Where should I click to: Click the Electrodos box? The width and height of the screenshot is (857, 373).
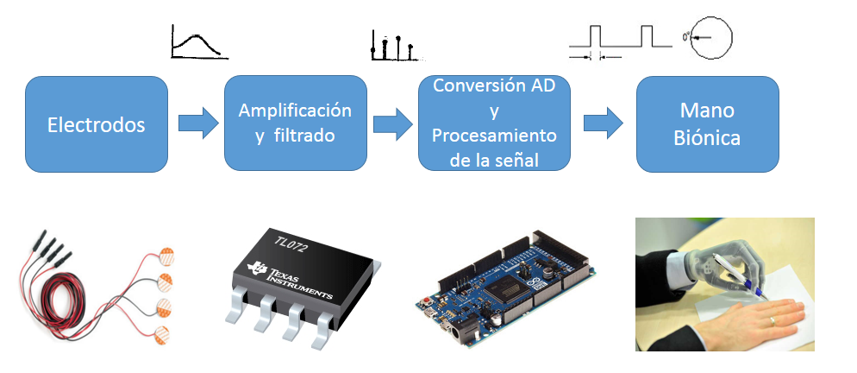96,123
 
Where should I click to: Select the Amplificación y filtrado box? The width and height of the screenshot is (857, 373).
295,123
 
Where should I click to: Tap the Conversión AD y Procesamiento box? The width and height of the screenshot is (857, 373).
494,123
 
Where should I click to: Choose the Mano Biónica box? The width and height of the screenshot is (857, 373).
707,123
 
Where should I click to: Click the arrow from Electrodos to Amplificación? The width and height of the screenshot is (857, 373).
197,123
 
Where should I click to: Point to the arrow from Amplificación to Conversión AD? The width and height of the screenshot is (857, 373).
392,123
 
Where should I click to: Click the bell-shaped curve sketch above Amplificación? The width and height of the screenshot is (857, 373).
199,42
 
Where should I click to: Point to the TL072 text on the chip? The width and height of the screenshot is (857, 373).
290,243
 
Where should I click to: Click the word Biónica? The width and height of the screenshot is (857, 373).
707,137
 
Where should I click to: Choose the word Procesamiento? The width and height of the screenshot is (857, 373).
494,136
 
